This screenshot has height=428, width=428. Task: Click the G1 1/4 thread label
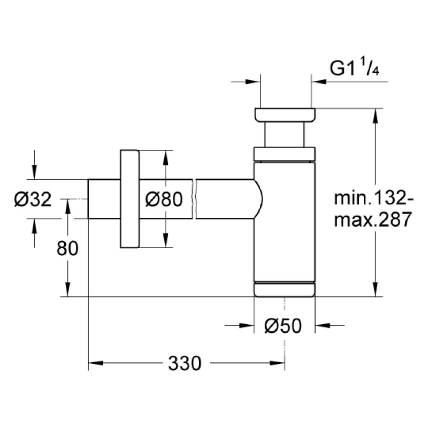point(354,68)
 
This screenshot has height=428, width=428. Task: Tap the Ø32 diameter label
point(33,199)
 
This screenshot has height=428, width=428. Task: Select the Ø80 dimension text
point(164,199)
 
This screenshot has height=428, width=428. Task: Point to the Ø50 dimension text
point(283,325)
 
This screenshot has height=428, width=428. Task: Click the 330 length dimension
point(185,363)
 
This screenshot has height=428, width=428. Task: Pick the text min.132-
point(373,198)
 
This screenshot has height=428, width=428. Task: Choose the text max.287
point(373,219)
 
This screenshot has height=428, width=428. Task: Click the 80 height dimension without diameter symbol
point(67,248)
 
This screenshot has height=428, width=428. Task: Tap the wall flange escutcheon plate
point(129,198)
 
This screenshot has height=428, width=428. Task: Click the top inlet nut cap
point(285,114)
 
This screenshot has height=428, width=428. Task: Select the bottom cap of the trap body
point(285,289)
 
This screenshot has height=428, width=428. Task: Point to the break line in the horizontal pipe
point(194,198)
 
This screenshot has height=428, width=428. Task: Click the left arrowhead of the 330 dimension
point(96,363)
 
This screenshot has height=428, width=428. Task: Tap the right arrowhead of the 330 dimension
point(277,363)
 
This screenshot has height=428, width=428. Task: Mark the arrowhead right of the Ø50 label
point(323,325)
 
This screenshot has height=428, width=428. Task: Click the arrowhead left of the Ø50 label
point(247,325)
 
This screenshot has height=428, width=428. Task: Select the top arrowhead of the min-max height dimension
point(376,116)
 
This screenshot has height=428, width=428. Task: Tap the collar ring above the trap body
point(285,154)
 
